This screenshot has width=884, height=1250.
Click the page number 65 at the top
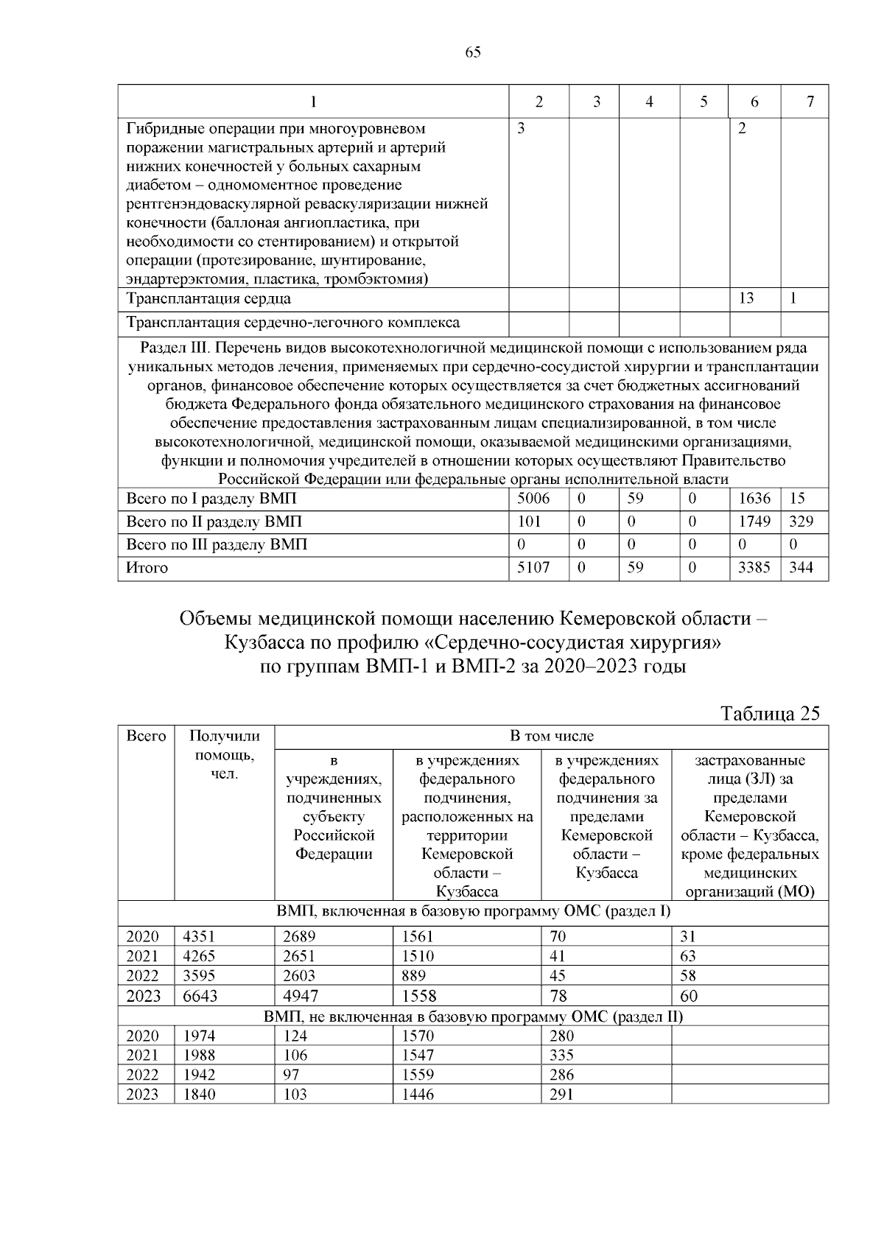pyautogui.click(x=473, y=52)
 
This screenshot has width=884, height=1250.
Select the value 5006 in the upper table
pyautogui.click(x=533, y=499)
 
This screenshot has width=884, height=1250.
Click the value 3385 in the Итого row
pyautogui.click(x=754, y=568)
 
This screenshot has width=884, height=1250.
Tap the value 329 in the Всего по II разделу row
pyautogui.click(x=801, y=522)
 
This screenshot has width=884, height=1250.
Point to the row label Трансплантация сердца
pyautogui.click(x=208, y=299)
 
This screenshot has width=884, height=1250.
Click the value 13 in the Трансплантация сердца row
pyautogui.click(x=746, y=298)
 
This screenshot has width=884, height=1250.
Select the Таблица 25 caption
pyautogui.click(x=769, y=713)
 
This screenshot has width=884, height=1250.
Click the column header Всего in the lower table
pyautogui.click(x=146, y=736)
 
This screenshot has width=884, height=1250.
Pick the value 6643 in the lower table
pyautogui.click(x=200, y=997)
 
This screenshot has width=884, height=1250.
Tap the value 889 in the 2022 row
pyautogui.click(x=413, y=976)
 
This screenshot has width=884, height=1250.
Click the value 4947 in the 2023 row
pyautogui.click(x=299, y=997)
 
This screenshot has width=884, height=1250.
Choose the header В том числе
pyautogui.click(x=552, y=736)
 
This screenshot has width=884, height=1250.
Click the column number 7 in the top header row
pyautogui.click(x=810, y=102)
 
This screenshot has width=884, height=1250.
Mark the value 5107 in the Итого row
pyautogui.click(x=533, y=568)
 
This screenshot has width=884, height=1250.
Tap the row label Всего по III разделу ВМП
pyautogui.click(x=217, y=545)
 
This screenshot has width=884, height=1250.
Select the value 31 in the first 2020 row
pyautogui.click(x=687, y=937)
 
